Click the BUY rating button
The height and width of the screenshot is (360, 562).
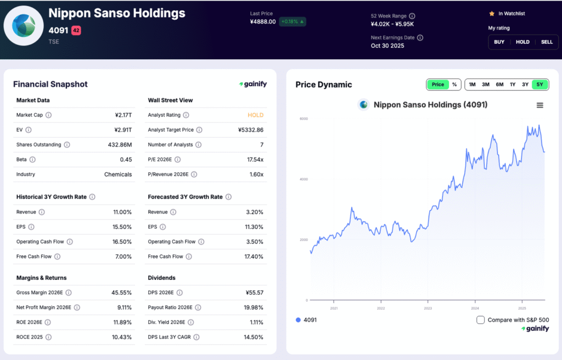click(x=499, y=42)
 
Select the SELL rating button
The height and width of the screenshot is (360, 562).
click(x=547, y=42)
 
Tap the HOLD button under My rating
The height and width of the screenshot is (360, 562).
click(x=522, y=42)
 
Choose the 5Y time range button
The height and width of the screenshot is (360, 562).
click(x=540, y=85)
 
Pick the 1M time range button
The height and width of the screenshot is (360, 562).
click(x=472, y=85)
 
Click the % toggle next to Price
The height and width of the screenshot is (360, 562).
click(x=454, y=85)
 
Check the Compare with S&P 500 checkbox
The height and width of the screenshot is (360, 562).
click(x=481, y=320)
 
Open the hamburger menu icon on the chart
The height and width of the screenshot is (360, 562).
click(x=539, y=105)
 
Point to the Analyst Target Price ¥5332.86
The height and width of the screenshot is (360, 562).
click(x=250, y=130)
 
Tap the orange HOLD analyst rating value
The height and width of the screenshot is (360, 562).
click(x=255, y=115)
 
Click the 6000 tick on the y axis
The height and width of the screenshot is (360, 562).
click(x=303, y=119)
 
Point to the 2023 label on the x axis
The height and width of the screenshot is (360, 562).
click(x=428, y=308)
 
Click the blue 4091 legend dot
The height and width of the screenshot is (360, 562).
click(x=299, y=320)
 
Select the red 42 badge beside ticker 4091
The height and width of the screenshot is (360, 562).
click(x=76, y=31)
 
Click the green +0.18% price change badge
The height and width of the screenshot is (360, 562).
click(x=292, y=22)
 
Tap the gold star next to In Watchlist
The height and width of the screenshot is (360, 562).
click(x=492, y=13)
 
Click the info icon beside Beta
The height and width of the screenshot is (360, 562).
click(x=32, y=160)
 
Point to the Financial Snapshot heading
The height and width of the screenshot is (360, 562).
click(x=50, y=85)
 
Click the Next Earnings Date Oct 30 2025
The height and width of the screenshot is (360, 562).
click(x=387, y=46)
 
